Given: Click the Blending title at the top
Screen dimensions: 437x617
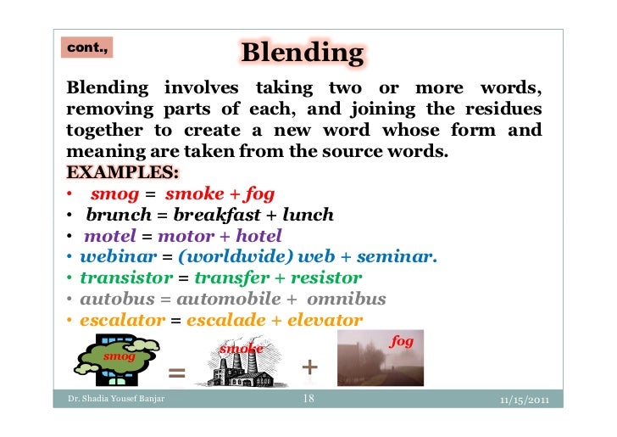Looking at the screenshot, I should pyautogui.click(x=302, y=53).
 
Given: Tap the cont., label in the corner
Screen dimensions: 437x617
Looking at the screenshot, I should pyautogui.click(x=86, y=48).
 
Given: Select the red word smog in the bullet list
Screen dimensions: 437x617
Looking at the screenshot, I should pyautogui.click(x=115, y=194).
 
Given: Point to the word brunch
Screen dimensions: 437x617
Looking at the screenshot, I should pyautogui.click(x=118, y=216).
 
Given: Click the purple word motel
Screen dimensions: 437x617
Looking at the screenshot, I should pyautogui.click(x=110, y=236).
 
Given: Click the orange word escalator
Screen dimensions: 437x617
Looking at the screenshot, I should pyautogui.click(x=122, y=320).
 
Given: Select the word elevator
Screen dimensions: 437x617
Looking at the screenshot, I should pyautogui.click(x=325, y=320).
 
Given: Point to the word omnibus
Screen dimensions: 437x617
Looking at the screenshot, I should pyautogui.click(x=347, y=299).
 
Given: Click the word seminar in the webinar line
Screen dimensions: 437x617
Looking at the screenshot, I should pyautogui.click(x=397, y=257).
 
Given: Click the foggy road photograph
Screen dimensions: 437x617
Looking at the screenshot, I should pyautogui.click(x=381, y=359).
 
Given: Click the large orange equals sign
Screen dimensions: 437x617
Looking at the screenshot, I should pyautogui.click(x=176, y=373).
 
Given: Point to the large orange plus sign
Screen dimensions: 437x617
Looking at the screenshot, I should pyautogui.click(x=310, y=367).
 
